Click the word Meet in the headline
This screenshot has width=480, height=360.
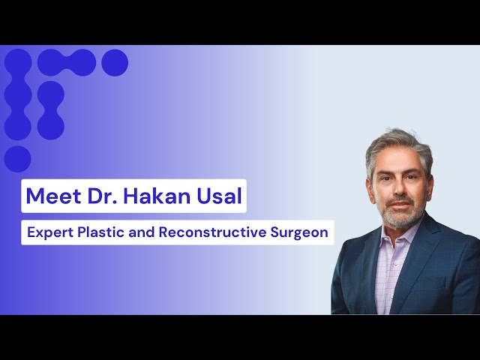click(53, 196)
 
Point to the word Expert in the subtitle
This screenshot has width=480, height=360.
click(50, 232)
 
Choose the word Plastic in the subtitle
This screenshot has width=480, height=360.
click(100, 232)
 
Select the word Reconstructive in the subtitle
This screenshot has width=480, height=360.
click(213, 232)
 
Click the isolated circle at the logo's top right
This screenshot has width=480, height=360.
click(115, 62)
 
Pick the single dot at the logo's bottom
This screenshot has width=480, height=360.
click(17, 159)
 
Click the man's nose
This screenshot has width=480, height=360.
click(399, 188)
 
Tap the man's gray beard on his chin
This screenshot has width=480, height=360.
click(402, 218)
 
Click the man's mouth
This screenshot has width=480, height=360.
click(399, 204)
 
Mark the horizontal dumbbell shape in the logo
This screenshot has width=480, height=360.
click(67, 62)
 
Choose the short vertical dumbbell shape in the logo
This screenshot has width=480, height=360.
click(50, 110)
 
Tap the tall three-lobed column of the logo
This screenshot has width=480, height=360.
click(18, 94)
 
